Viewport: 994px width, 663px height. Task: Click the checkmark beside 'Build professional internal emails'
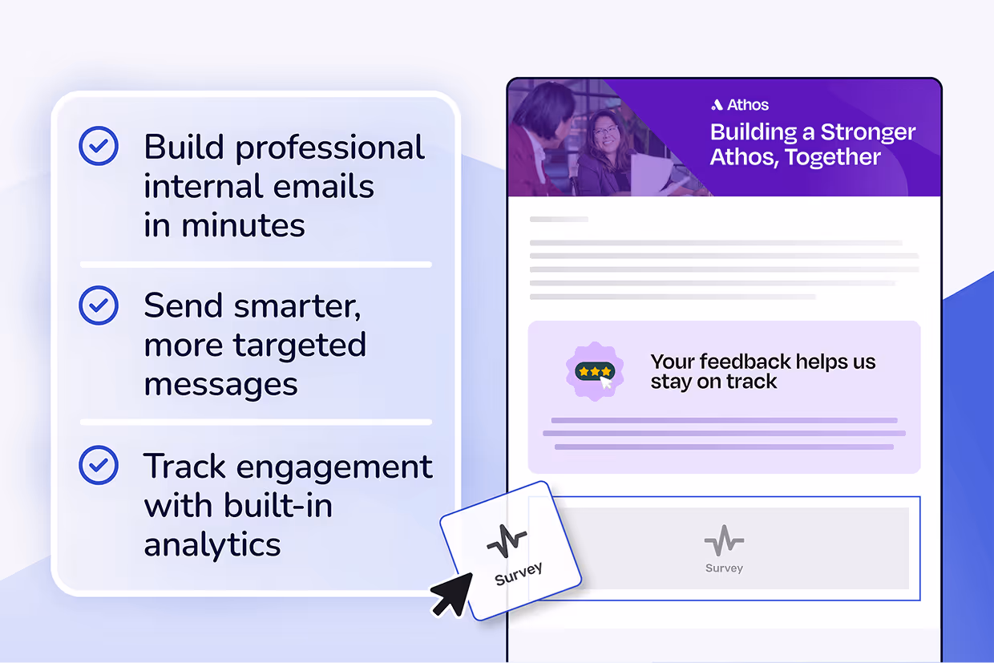[99, 147]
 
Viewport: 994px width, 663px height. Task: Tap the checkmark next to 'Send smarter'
[99, 305]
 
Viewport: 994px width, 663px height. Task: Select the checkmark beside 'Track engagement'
[99, 465]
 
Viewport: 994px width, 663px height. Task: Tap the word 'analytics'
[212, 544]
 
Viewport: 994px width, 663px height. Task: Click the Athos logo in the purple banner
[739, 105]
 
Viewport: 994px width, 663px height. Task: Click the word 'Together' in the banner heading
[834, 157]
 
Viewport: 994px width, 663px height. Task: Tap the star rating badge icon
[594, 371]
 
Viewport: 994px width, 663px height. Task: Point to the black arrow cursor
[451, 594]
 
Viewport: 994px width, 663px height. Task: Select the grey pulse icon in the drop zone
[724, 541]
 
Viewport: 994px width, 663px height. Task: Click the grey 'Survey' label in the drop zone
[724, 568]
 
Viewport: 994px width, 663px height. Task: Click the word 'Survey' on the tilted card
[518, 573]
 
